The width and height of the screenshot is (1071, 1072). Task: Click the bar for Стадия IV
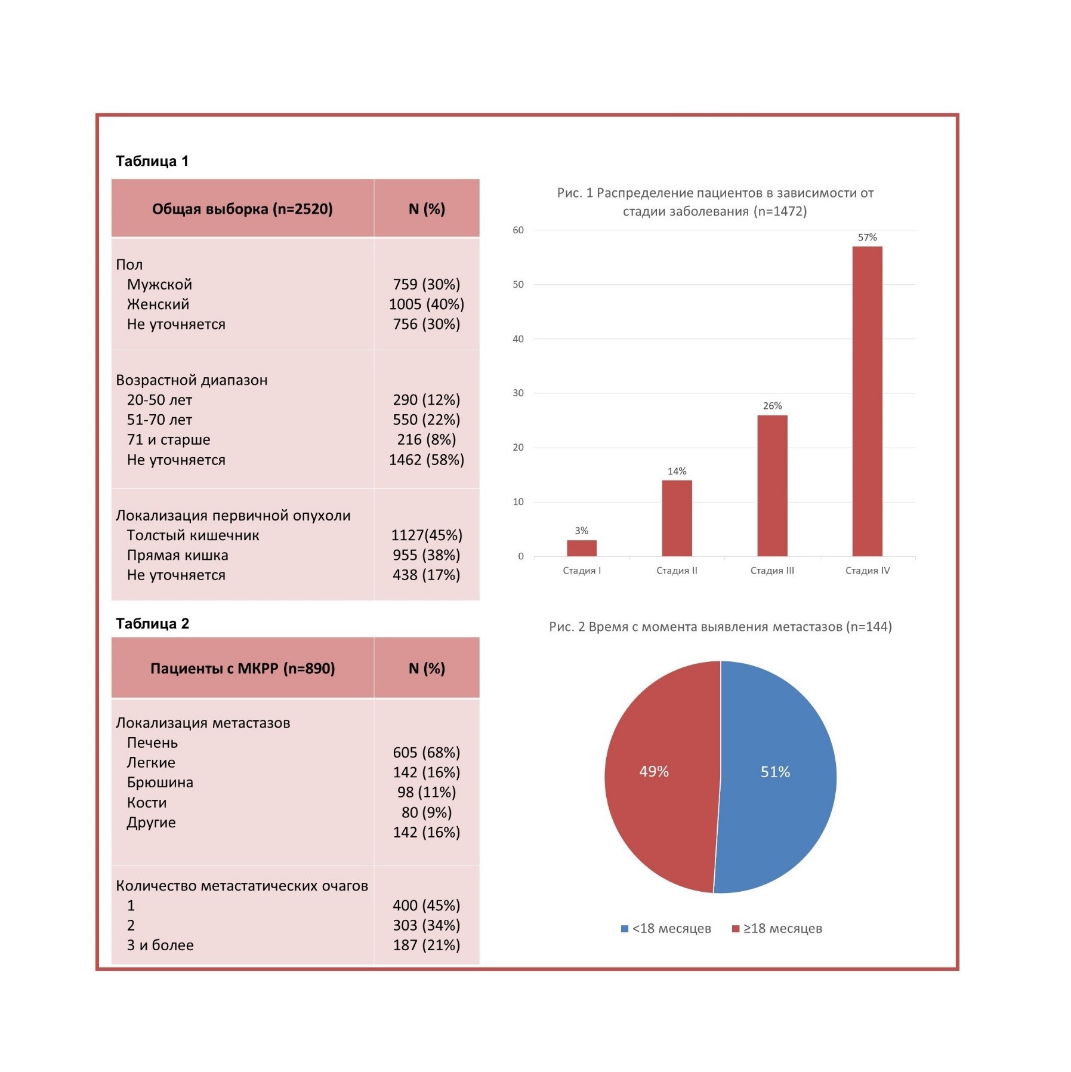(x=866, y=401)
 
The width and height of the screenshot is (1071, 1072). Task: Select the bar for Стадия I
(x=581, y=548)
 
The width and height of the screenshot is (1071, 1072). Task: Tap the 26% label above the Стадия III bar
(x=771, y=406)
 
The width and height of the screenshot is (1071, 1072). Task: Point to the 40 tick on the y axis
(x=518, y=339)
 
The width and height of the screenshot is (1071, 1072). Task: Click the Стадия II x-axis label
(x=677, y=571)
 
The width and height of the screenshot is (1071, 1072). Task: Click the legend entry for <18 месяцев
(x=666, y=929)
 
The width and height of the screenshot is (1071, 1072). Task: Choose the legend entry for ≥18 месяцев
(x=777, y=929)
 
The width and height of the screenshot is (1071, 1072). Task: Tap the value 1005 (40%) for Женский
(x=426, y=304)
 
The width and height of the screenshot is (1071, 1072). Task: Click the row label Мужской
(x=159, y=285)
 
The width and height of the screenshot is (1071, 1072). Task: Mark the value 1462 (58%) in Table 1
(x=426, y=460)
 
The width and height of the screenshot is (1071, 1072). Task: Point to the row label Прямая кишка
(x=177, y=556)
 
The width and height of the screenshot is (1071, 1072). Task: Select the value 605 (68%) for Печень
(x=426, y=753)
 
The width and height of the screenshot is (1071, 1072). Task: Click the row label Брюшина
(x=160, y=783)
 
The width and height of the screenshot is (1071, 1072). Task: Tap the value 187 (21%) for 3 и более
(x=426, y=945)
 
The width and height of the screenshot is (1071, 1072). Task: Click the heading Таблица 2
(x=152, y=624)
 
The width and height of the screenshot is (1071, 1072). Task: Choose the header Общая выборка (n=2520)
(x=242, y=209)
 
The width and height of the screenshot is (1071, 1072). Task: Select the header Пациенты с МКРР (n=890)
(x=242, y=669)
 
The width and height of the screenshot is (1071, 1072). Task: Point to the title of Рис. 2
(x=720, y=627)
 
